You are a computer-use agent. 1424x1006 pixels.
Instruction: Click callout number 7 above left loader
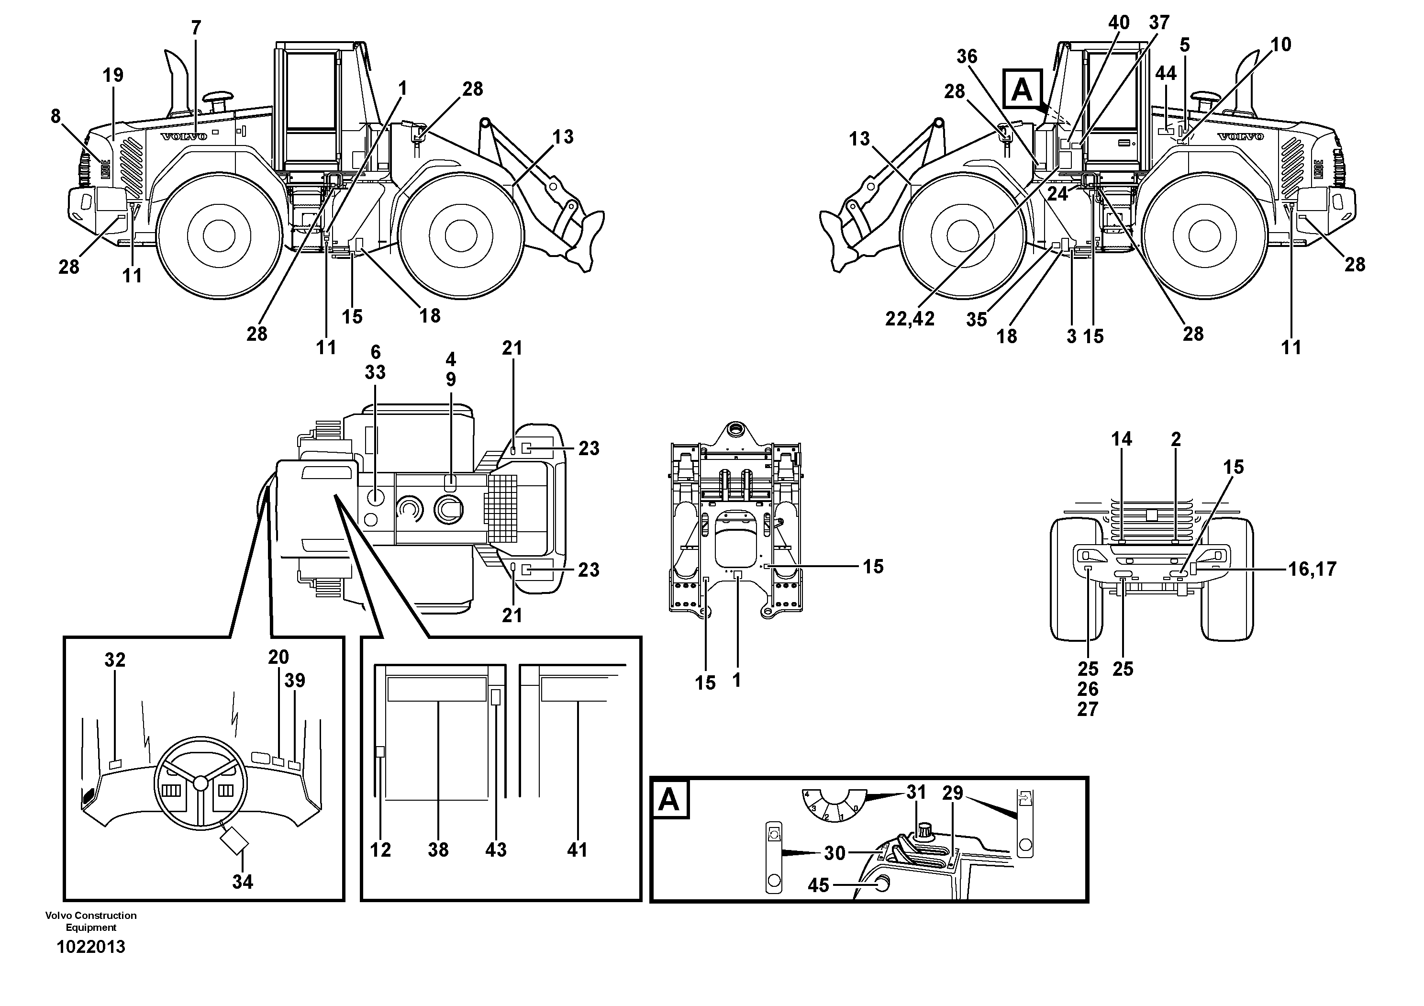(x=196, y=28)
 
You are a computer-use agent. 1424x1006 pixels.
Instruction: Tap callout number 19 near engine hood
(x=113, y=75)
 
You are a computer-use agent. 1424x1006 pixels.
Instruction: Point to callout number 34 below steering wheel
(x=243, y=882)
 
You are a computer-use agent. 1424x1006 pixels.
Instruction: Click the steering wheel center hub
(x=200, y=783)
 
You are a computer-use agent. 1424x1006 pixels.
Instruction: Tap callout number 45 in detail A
(x=818, y=885)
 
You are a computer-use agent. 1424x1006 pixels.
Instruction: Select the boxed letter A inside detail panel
(x=668, y=801)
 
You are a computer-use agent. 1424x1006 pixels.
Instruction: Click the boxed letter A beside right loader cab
(x=1022, y=90)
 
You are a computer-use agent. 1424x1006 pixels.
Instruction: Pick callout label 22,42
(x=909, y=319)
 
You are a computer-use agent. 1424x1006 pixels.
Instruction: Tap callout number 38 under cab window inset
(x=438, y=850)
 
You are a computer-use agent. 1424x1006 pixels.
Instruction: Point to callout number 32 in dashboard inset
(x=115, y=660)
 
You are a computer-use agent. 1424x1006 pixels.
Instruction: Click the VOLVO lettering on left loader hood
(x=184, y=136)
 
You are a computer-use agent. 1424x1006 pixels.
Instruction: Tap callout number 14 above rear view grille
(x=1121, y=439)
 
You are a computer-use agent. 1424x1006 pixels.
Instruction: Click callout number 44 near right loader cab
(x=1165, y=73)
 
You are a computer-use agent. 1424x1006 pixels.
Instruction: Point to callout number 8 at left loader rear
(x=56, y=116)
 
